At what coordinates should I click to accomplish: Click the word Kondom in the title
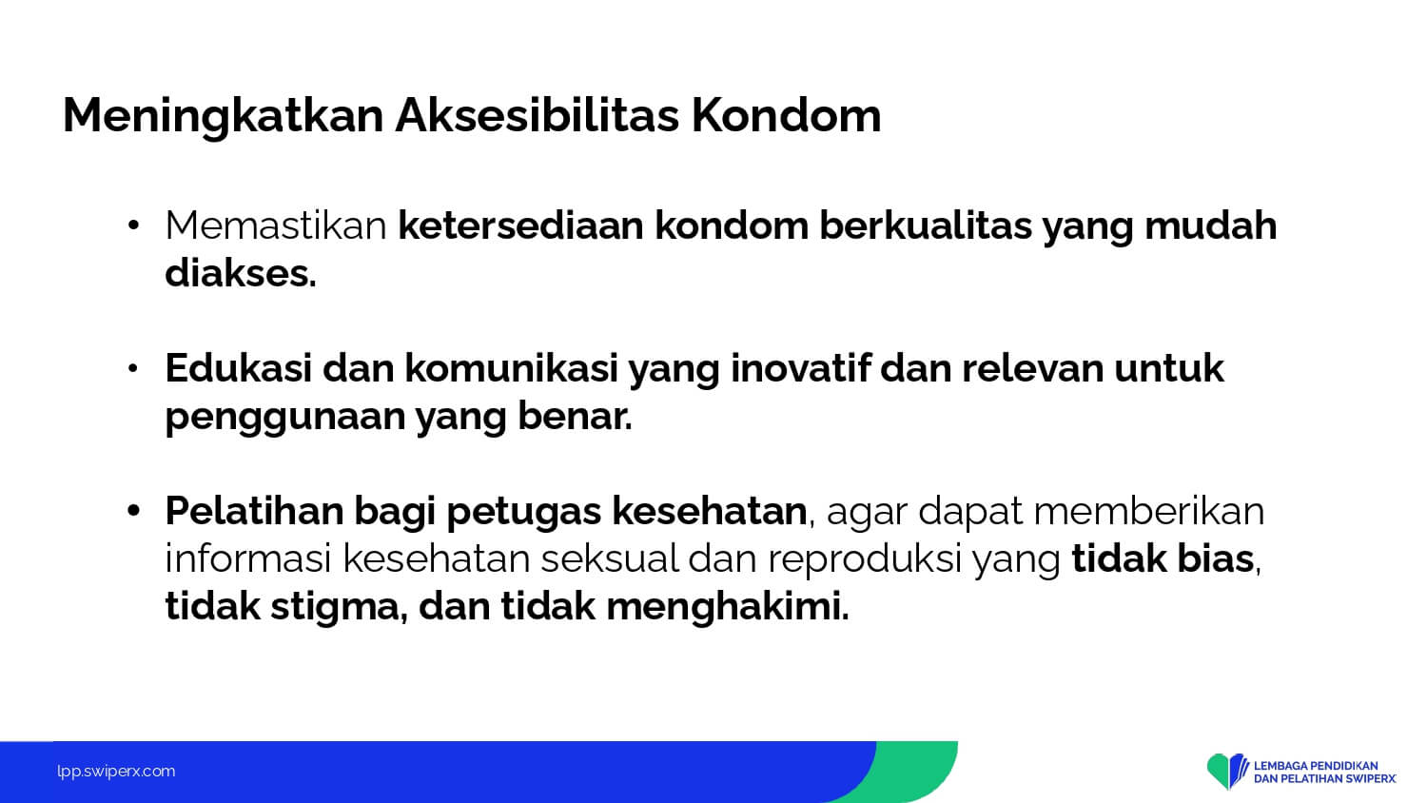(786, 115)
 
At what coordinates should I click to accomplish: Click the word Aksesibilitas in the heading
(538, 115)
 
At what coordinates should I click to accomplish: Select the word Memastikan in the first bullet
(276, 225)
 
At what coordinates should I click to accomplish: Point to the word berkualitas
(926, 225)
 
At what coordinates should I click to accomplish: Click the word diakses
(240, 273)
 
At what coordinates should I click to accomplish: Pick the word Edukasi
(238, 368)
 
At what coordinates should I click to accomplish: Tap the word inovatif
(799, 368)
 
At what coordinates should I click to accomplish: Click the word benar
(575, 416)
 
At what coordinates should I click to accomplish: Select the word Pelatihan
(254, 511)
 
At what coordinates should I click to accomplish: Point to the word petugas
(523, 514)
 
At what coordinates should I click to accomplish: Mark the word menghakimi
(728, 606)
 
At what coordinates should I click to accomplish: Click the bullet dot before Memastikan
(132, 225)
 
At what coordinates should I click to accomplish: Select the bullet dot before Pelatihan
(132, 511)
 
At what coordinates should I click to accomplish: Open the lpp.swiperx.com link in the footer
(116, 772)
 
